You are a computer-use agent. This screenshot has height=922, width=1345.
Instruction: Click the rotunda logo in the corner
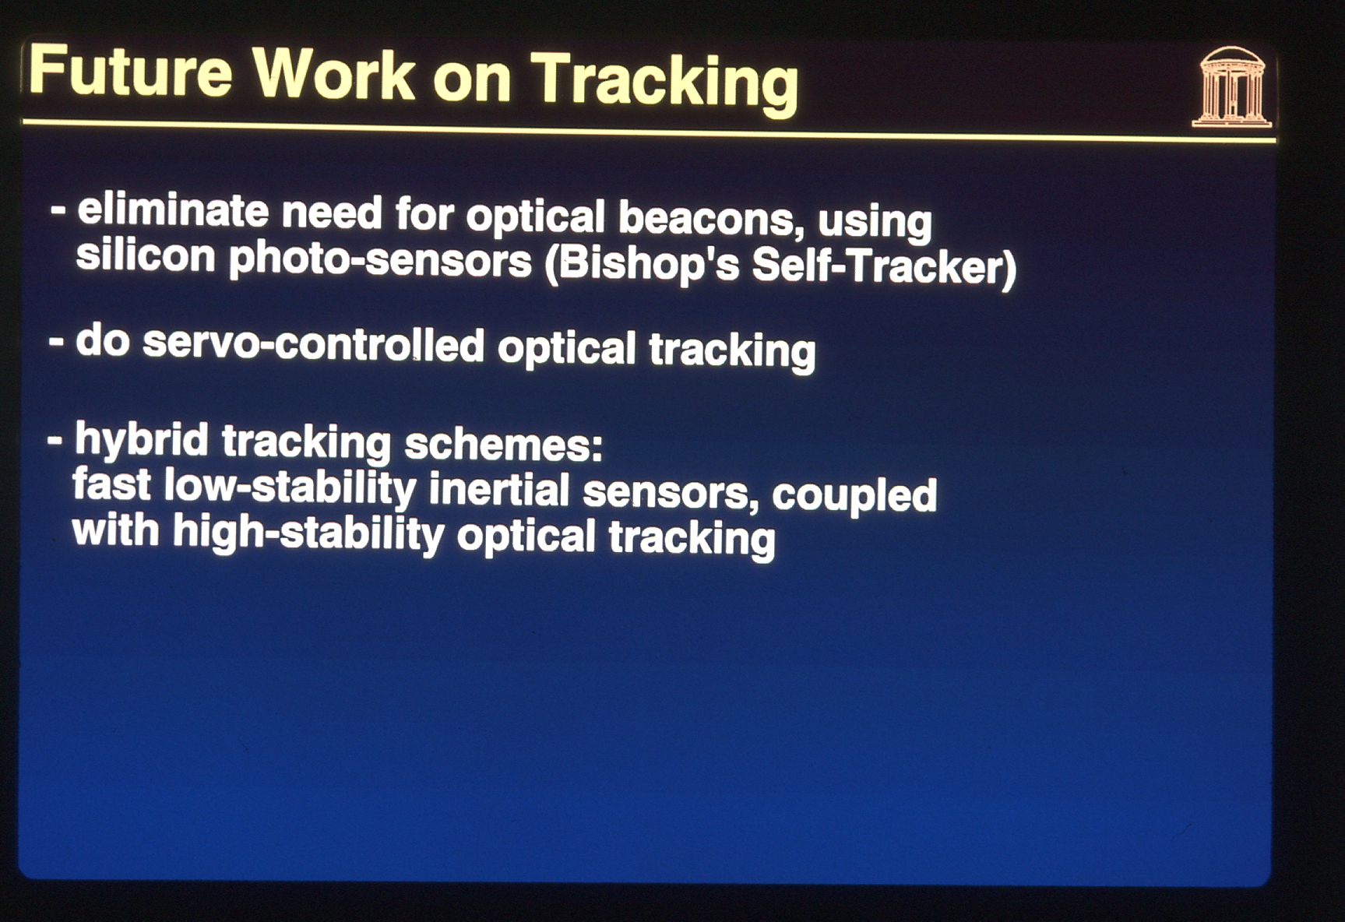pos(1232,86)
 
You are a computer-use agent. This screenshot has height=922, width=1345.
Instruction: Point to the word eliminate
pos(173,209)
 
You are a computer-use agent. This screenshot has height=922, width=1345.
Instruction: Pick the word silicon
pos(145,255)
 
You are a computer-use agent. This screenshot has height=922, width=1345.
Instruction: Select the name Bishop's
pos(643,263)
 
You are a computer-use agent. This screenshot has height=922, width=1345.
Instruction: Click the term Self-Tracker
pos(884,266)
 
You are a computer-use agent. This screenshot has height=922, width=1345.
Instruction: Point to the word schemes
pos(503,445)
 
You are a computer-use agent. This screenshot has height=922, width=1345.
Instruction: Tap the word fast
pos(111,484)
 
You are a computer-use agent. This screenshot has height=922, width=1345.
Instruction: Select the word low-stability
pos(290,488)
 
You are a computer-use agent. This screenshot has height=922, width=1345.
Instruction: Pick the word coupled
pos(854,496)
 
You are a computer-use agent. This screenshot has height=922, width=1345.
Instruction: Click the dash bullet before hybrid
pos(55,441)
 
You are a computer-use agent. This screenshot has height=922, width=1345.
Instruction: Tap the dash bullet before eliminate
pos(58,210)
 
